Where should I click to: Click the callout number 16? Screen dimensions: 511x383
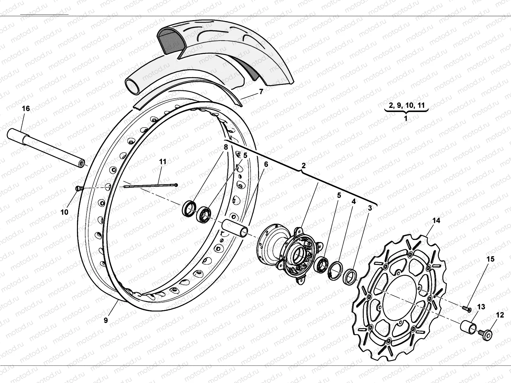click(x=26, y=109)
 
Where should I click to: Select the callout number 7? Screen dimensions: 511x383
click(x=261, y=92)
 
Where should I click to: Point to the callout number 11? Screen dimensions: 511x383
click(x=163, y=162)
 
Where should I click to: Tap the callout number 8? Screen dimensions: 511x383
click(x=226, y=147)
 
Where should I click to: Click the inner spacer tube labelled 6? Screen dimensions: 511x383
click(x=236, y=228)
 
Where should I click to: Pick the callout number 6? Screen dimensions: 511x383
click(x=266, y=164)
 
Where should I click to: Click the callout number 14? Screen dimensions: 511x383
click(x=436, y=221)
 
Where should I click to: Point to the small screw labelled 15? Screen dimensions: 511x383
click(x=467, y=308)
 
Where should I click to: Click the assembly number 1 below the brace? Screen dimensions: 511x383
click(x=406, y=118)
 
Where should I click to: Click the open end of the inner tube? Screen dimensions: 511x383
click(x=133, y=86)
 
